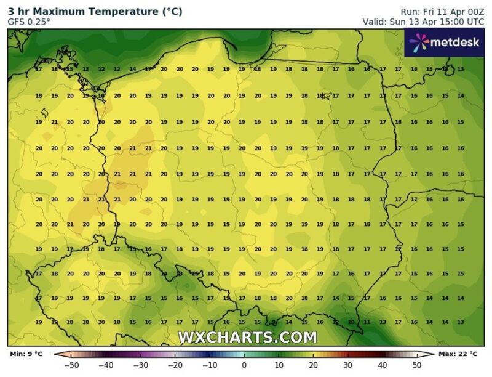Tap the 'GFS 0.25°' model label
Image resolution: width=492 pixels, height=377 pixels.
(x=29, y=22)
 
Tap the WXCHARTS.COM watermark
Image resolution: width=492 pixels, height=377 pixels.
(x=247, y=338)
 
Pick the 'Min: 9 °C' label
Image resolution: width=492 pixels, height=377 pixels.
(x=26, y=354)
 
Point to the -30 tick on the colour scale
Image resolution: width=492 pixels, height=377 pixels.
(x=141, y=365)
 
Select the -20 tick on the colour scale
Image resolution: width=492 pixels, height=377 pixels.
(x=175, y=365)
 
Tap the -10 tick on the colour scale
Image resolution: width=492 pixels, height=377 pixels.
(x=210, y=365)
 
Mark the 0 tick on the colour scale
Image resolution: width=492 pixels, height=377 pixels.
(x=244, y=365)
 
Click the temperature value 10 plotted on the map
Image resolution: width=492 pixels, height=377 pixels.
(x=351, y=322)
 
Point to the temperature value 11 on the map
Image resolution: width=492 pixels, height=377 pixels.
(x=367, y=322)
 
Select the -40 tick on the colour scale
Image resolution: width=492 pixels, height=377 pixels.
(x=108, y=365)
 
